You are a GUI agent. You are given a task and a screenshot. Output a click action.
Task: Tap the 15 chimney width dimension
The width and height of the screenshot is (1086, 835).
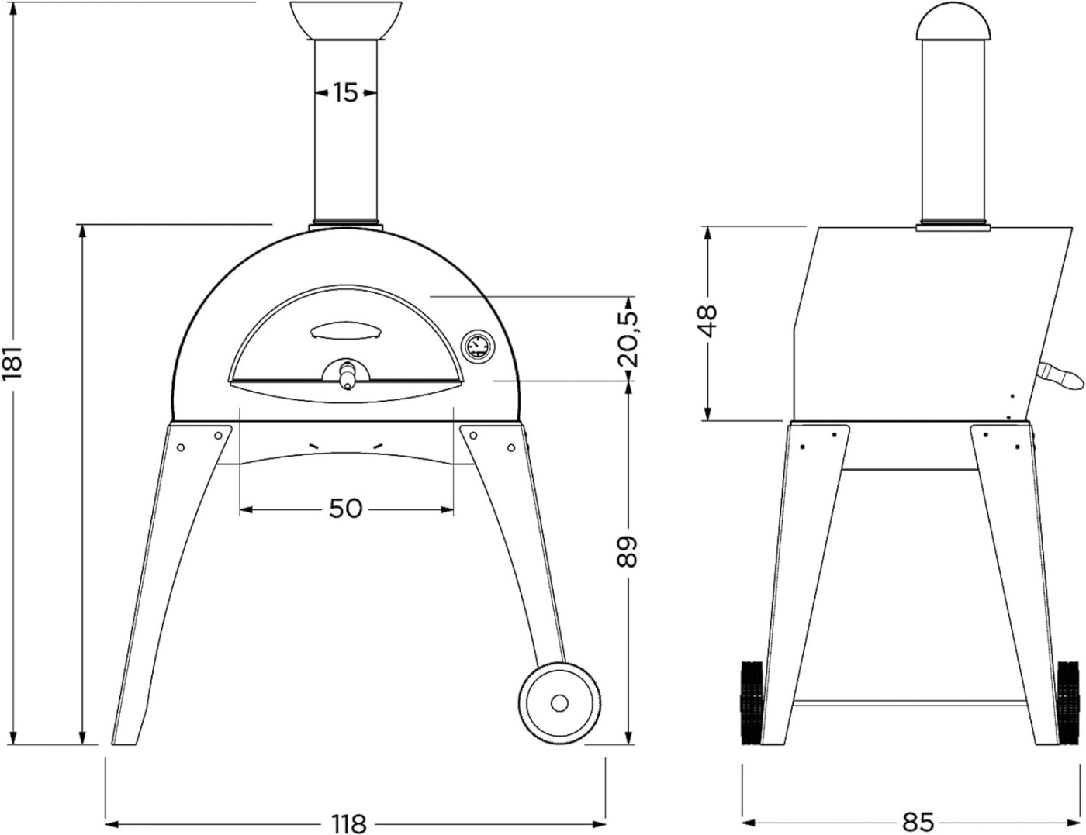pos(345,92)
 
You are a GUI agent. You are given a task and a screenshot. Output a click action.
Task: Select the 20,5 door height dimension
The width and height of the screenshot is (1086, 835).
pos(628,340)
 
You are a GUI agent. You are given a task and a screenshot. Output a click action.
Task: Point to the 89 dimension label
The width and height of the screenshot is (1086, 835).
pos(627,552)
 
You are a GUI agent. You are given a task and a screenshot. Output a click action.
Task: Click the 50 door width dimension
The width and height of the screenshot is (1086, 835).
pos(345,509)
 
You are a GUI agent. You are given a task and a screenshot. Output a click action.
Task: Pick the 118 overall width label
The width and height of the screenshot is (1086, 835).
pos(349,823)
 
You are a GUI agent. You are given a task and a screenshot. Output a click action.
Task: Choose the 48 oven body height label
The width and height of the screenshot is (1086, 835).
pos(707,322)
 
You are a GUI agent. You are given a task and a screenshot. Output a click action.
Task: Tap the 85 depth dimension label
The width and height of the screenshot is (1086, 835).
pos(918,822)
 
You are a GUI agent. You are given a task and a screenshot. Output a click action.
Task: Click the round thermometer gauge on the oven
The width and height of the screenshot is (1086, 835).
pos(476,346)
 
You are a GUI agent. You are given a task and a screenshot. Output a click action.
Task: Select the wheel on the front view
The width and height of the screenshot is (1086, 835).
pos(559,704)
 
